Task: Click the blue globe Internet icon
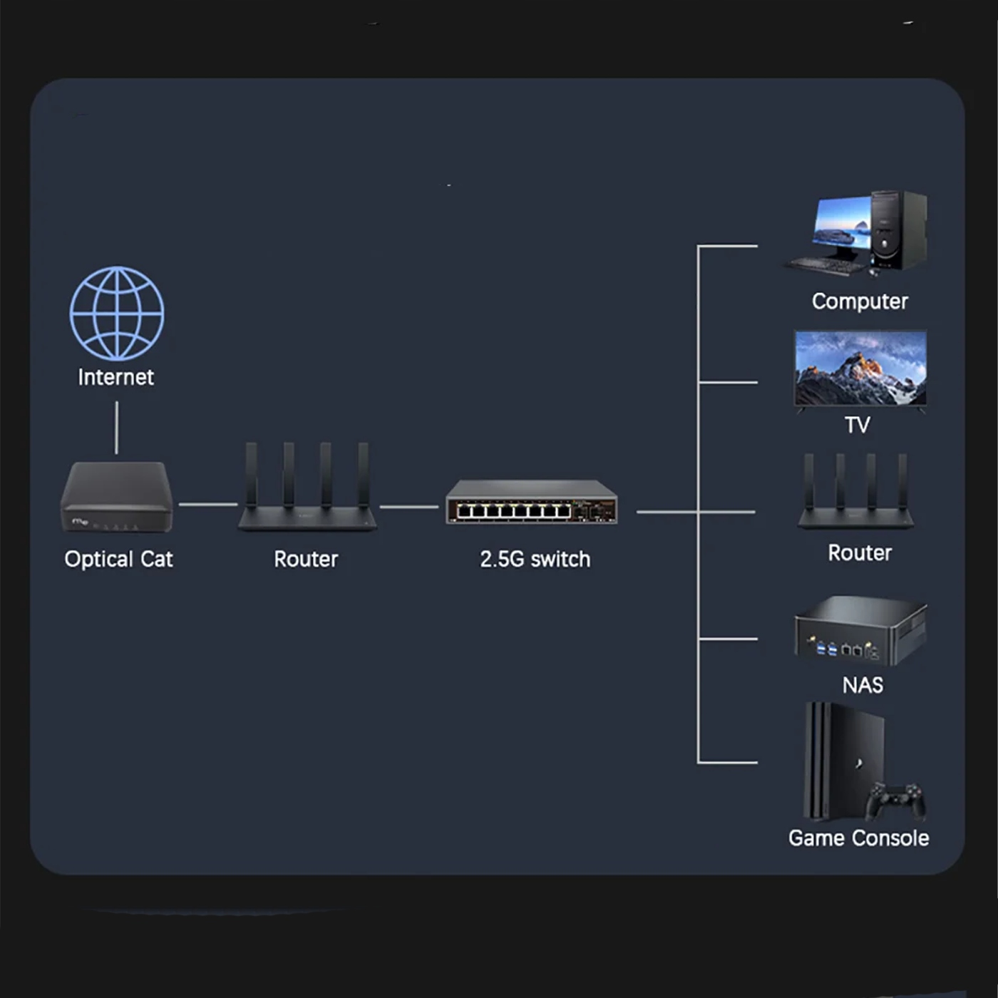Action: [x=117, y=314]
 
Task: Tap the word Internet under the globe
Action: [x=115, y=377]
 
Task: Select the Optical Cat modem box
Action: [x=117, y=497]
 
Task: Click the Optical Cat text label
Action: [x=118, y=559]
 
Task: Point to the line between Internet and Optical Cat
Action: [x=117, y=428]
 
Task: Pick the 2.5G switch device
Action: [x=532, y=503]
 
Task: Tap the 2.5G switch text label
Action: [x=535, y=559]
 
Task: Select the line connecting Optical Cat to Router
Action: [x=207, y=504]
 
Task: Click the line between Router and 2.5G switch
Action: [x=409, y=507]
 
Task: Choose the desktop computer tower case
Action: [x=898, y=230]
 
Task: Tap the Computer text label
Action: [x=860, y=302]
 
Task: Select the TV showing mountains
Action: [x=860, y=368]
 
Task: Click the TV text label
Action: [x=858, y=425]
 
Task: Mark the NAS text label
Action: [x=863, y=685]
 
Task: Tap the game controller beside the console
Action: [x=895, y=801]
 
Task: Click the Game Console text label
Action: [x=858, y=838]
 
